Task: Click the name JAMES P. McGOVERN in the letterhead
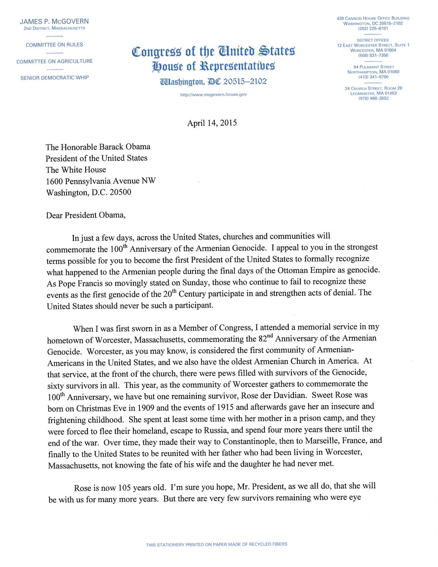54,21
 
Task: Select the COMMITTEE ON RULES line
54,45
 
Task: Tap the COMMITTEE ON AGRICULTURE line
55,61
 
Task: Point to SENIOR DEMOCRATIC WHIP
55,78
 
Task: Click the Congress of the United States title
213,51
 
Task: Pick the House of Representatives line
213,66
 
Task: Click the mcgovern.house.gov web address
213,94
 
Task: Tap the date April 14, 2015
212,123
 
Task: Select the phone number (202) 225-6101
373,29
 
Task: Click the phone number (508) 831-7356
373,55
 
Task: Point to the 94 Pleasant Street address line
374,67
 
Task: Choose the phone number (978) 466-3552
373,98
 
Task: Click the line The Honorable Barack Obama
98,147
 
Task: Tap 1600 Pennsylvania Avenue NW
101,181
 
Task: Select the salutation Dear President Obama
86,215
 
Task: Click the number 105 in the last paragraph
124,488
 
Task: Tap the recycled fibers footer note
216,544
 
